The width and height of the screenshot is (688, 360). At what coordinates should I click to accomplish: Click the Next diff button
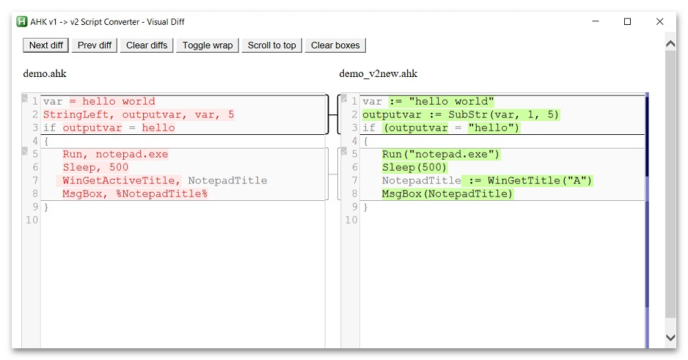45,45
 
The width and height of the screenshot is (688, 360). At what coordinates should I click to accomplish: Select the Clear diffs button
147,45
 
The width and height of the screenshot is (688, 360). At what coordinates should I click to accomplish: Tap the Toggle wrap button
208,45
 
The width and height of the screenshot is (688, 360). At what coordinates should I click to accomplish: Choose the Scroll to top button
271,45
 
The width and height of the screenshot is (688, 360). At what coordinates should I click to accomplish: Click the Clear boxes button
335,45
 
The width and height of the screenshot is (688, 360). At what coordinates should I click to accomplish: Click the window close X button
659,21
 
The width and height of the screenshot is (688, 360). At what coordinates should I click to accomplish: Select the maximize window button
627,21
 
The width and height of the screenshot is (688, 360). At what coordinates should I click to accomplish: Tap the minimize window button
596,21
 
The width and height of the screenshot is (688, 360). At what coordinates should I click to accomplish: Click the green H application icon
21,21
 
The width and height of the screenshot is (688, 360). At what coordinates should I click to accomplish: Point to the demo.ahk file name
45,73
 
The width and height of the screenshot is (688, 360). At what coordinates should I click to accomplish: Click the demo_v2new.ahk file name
378,73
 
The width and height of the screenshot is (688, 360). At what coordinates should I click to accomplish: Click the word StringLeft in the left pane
76,115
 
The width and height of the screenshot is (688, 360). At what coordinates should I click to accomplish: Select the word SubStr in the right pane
468,115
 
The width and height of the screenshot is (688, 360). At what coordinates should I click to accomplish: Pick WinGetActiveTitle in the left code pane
119,180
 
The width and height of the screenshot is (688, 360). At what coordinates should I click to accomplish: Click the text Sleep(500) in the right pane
414,167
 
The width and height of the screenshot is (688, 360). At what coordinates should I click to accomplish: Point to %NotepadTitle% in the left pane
162,194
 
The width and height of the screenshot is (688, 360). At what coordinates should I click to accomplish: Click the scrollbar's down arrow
670,337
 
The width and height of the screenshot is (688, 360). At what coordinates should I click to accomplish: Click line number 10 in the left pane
32,220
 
